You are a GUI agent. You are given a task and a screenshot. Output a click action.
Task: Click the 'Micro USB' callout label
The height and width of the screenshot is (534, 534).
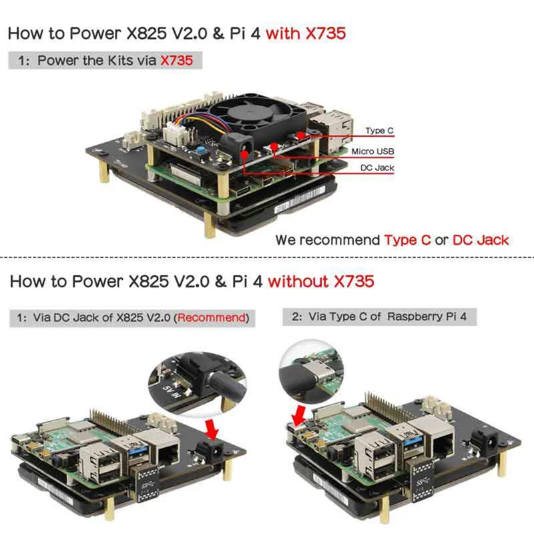[372, 152]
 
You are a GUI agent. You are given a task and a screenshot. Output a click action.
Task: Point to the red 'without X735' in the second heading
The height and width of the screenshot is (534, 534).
[320, 281]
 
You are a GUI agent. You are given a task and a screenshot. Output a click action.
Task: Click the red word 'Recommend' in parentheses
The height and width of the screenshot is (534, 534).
[211, 318]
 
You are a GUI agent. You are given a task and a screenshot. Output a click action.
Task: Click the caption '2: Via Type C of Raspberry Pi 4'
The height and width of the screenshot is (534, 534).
[379, 316]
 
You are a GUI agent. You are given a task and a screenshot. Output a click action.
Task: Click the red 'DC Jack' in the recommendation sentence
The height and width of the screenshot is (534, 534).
[481, 240]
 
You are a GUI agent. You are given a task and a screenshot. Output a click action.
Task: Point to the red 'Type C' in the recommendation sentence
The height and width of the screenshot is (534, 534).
[407, 240]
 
